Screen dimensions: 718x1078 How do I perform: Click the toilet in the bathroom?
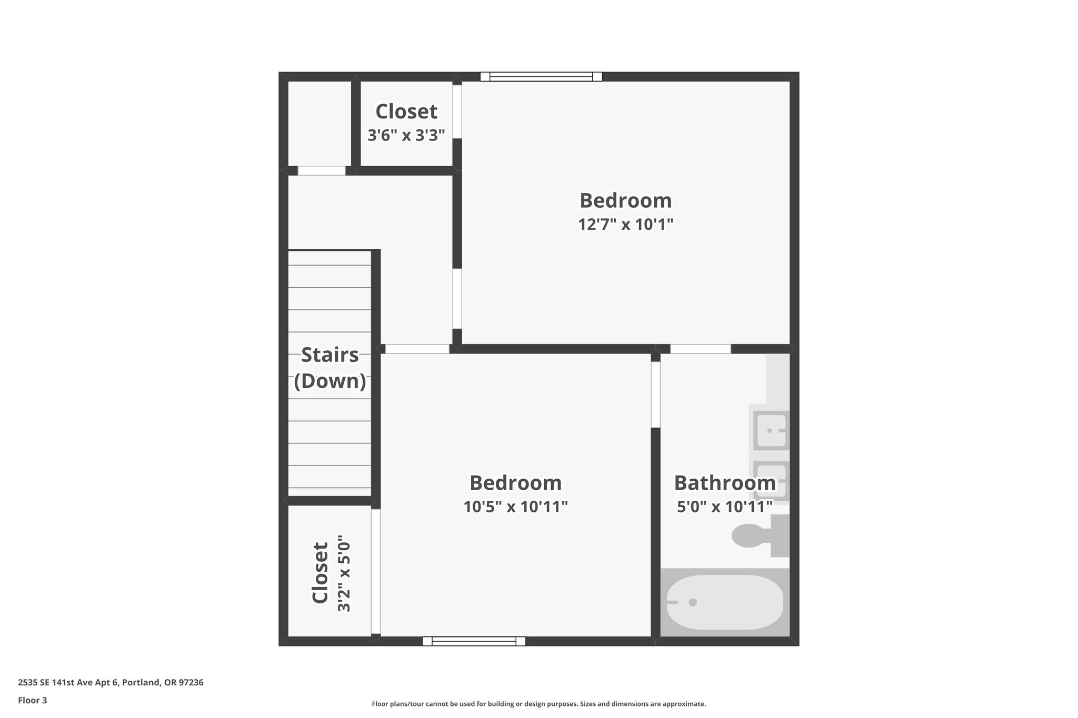[758, 536]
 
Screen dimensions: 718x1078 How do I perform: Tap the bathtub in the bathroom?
[725, 602]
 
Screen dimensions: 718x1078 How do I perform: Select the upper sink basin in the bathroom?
[771, 430]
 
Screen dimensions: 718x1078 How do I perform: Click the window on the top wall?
[541, 77]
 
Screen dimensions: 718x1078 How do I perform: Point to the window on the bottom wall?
[474, 641]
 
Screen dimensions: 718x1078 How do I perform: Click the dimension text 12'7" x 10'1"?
[626, 225]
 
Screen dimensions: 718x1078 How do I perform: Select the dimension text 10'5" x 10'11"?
[515, 507]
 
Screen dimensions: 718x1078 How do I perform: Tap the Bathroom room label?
[724, 483]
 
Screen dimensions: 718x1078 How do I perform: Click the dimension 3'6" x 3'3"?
[406, 135]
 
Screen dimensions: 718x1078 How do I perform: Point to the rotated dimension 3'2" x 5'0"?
[344, 574]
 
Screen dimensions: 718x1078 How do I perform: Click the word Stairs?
[330, 355]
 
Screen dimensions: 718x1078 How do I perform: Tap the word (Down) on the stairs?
[330, 381]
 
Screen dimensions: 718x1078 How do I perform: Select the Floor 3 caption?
[33, 700]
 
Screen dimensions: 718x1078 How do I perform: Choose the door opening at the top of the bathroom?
[701, 349]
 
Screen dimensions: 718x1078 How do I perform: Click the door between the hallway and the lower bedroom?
[417, 349]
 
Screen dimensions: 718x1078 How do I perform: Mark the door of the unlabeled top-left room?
[322, 170]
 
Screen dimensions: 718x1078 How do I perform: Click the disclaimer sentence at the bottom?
[538, 704]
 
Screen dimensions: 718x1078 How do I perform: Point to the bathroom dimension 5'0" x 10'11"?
[724, 507]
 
